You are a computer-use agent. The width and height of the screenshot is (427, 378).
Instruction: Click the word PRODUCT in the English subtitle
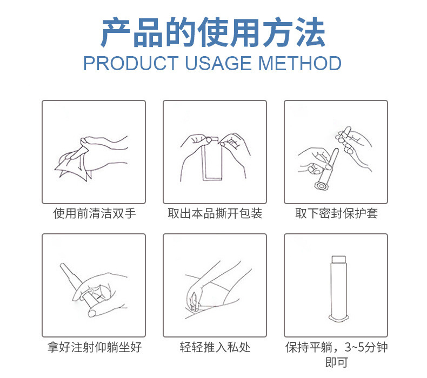click(x=131, y=63)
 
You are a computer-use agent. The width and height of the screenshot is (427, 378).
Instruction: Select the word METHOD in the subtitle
click(x=299, y=63)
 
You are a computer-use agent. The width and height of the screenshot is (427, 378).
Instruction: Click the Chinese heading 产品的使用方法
click(x=213, y=32)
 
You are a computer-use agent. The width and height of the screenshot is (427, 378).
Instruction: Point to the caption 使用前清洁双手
click(x=95, y=213)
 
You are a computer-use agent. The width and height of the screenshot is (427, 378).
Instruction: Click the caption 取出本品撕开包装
click(x=215, y=213)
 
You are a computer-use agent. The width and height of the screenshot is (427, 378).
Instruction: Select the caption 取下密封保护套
click(x=337, y=213)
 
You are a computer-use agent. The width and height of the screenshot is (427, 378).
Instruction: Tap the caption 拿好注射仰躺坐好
click(x=95, y=347)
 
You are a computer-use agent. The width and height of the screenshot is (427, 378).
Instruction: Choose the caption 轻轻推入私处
click(x=215, y=347)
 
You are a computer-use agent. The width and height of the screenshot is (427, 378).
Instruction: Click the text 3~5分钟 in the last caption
click(x=366, y=347)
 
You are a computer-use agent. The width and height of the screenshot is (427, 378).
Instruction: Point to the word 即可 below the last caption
click(x=337, y=362)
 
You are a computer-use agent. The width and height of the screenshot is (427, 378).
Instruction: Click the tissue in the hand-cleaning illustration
click(x=73, y=167)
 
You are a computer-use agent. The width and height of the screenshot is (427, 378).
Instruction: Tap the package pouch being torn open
click(x=212, y=158)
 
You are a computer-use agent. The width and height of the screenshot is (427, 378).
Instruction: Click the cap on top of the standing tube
click(x=338, y=259)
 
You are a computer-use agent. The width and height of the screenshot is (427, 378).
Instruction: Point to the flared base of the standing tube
click(x=338, y=318)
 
